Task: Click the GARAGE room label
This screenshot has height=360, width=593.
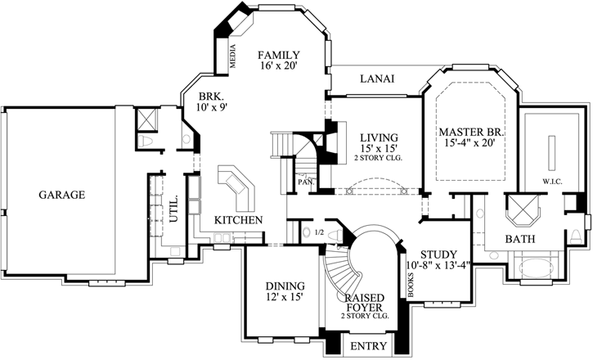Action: pos(61,196)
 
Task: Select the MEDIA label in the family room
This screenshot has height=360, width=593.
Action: pos(231,56)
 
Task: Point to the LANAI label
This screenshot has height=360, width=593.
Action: pos(377,79)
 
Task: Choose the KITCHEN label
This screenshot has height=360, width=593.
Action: pos(238,220)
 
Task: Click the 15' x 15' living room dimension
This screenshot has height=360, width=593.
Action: pos(378,149)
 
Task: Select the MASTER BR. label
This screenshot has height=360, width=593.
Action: pos(470,131)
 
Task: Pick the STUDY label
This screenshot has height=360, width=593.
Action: pos(438,254)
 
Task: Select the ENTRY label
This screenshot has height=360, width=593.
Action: pos(367,347)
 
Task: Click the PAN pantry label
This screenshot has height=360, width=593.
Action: pos(303,182)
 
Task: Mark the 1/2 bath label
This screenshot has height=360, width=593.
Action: pos(319,233)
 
